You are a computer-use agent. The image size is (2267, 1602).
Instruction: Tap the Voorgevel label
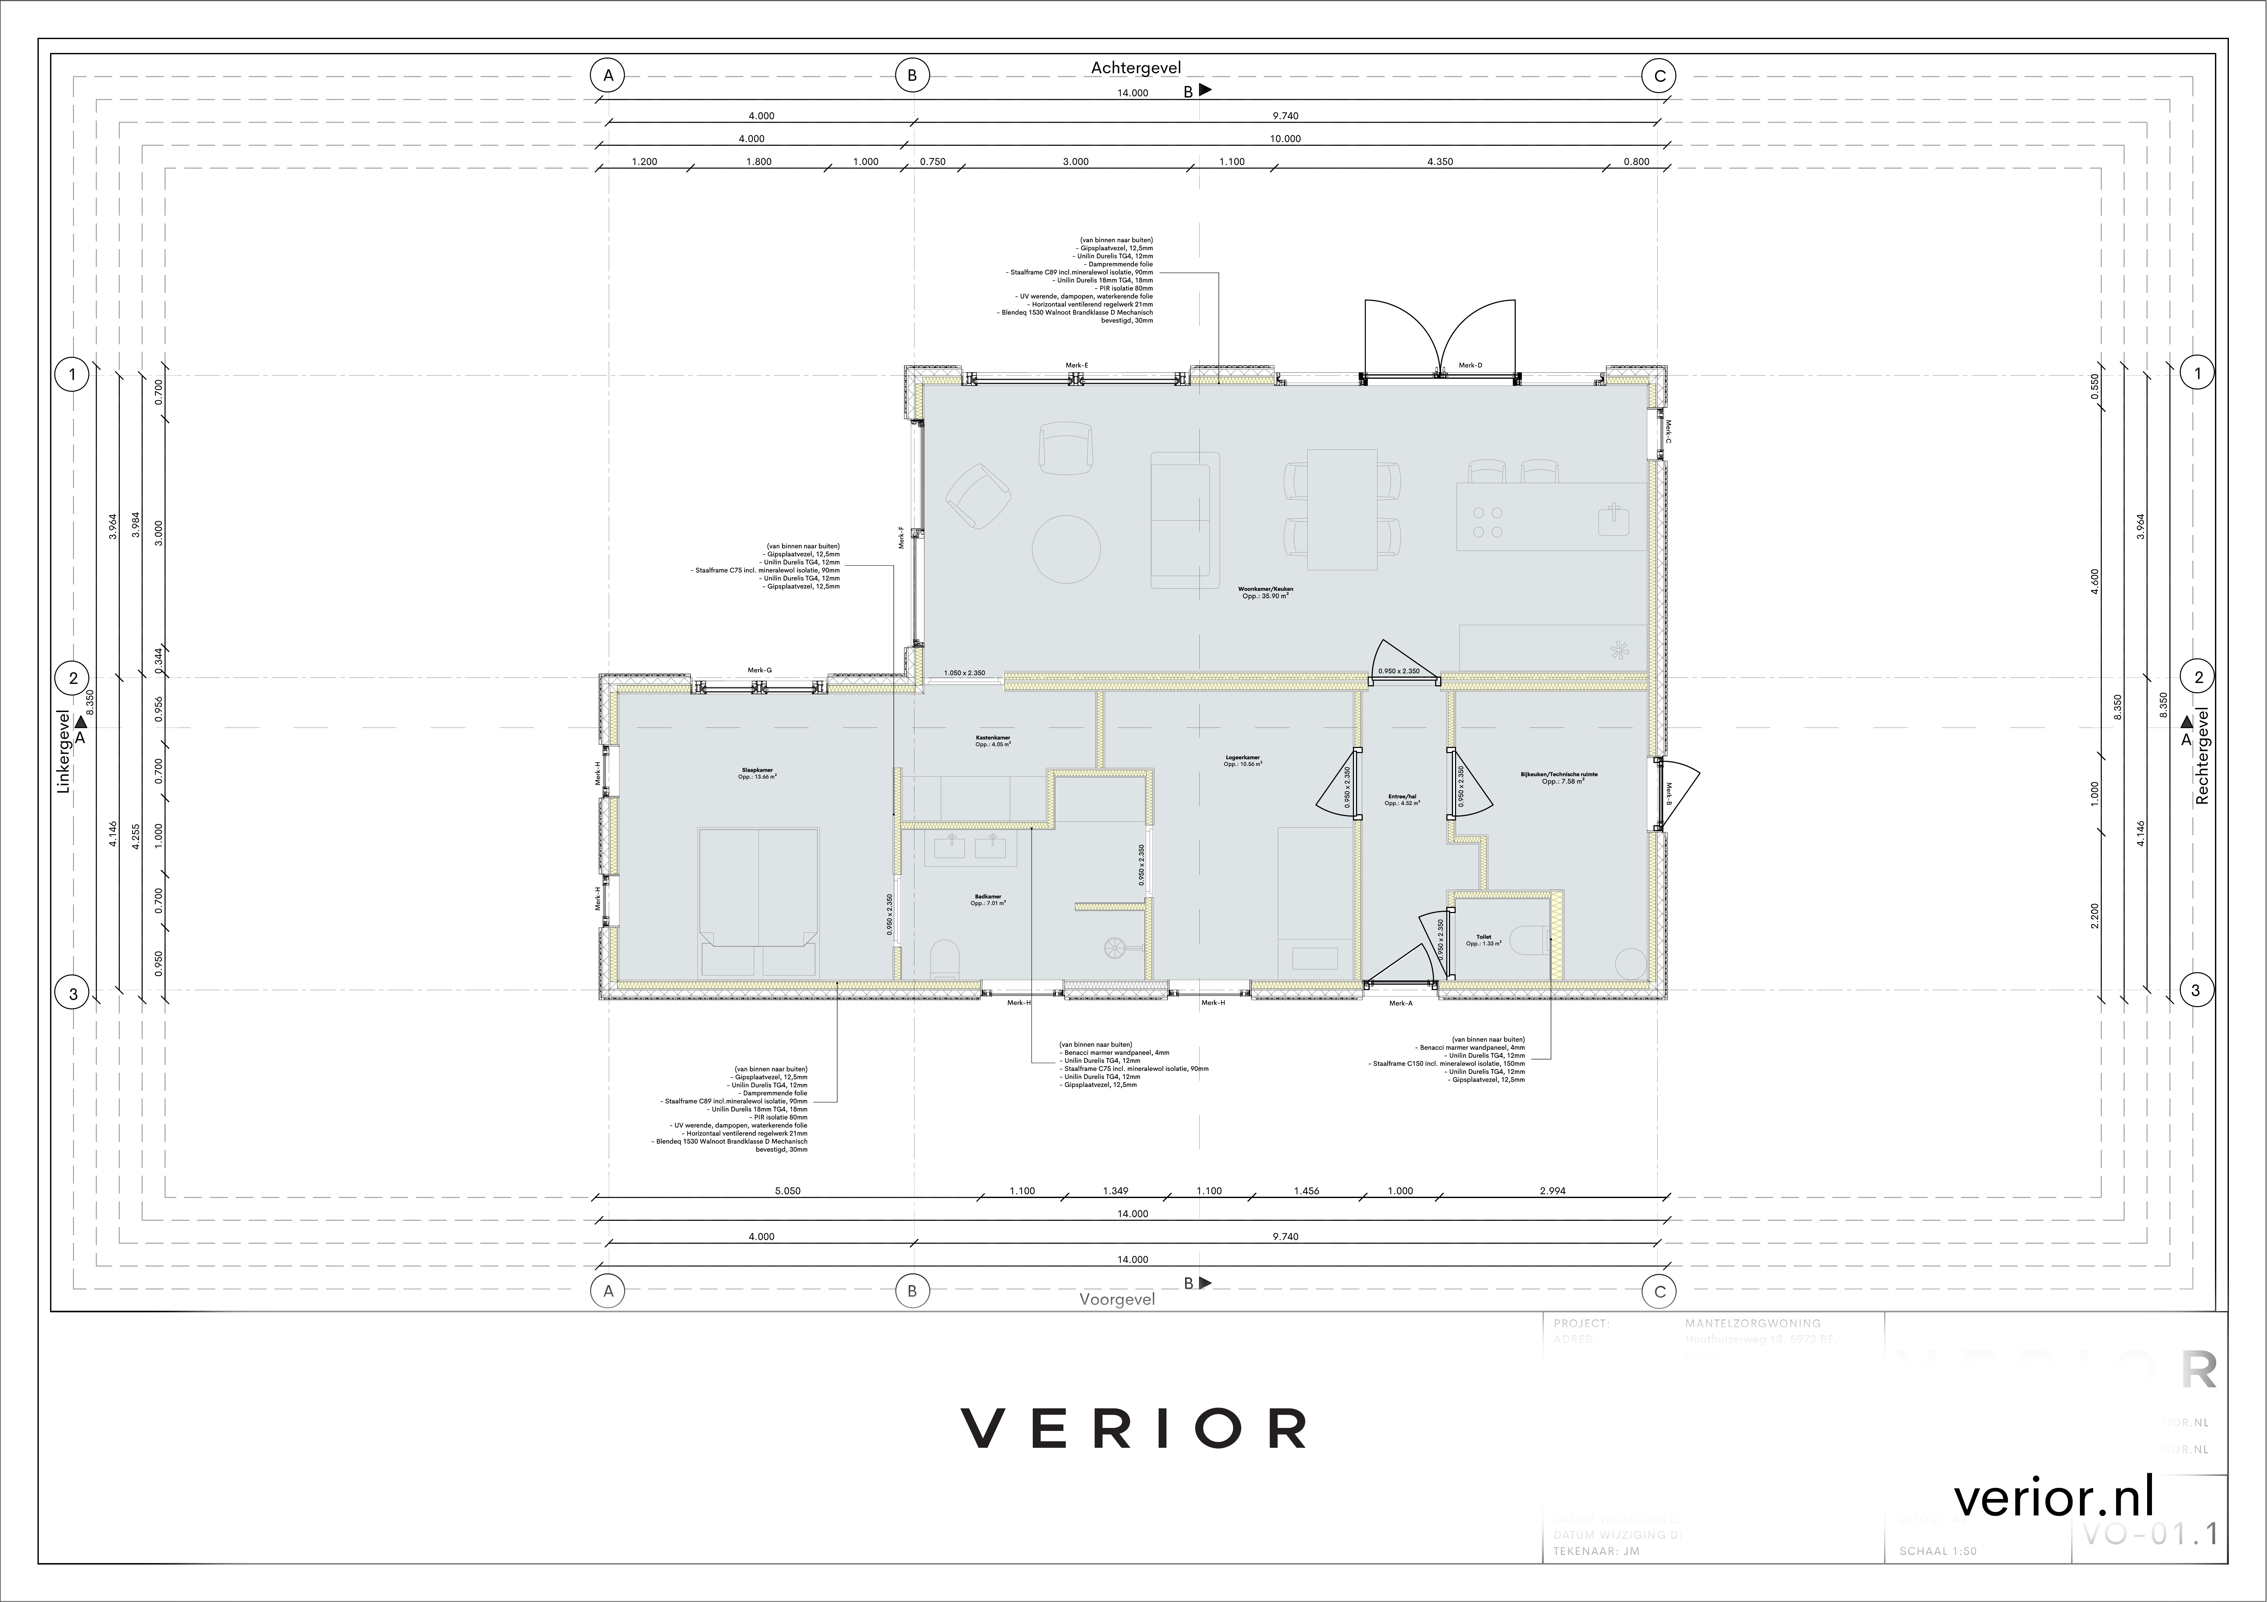click(x=1117, y=1299)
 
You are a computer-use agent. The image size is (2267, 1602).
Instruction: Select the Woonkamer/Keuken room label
click(x=1265, y=592)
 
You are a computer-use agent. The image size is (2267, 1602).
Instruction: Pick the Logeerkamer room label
click(x=1242, y=760)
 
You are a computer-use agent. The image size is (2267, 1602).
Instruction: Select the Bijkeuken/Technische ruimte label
click(x=1559, y=777)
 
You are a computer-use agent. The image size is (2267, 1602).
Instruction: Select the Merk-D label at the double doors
click(x=1470, y=365)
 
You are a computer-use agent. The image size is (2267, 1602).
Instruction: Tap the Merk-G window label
click(x=759, y=670)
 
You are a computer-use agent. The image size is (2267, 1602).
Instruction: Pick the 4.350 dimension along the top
click(x=1439, y=162)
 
